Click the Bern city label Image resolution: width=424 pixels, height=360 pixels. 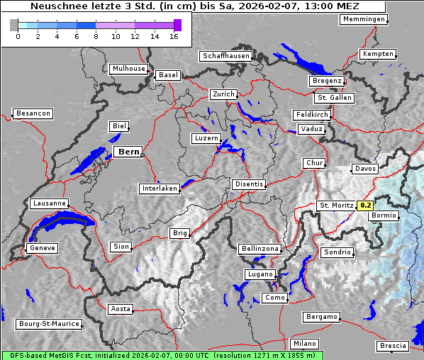128,152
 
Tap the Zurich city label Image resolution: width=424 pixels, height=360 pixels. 223,94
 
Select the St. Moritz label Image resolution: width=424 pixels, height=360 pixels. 336,206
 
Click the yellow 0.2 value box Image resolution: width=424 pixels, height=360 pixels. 365,206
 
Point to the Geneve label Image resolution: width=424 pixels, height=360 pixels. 42,248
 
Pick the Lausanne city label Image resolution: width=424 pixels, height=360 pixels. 49,203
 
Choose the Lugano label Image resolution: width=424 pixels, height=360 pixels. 260,274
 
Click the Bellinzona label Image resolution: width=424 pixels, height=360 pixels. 260,249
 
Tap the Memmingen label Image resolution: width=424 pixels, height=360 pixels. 364,19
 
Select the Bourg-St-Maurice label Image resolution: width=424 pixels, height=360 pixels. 49,324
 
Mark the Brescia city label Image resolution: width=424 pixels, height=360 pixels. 393,346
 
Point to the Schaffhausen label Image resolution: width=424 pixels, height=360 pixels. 225,55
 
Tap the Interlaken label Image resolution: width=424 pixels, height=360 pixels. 160,189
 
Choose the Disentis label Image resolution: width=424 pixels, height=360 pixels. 248,184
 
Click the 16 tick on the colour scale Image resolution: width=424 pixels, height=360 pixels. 174,35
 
